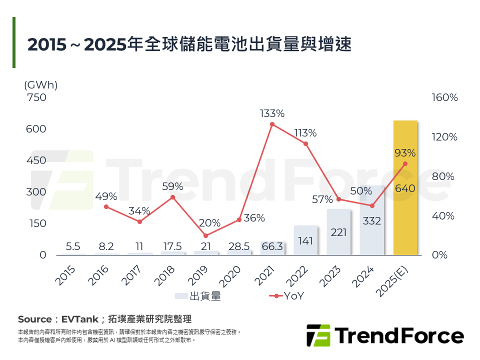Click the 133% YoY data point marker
[272, 124]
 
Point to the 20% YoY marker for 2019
[205, 235]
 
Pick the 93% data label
[405, 153]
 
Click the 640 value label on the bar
[405, 188]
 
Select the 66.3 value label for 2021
[272, 246]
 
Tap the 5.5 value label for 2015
[73, 246]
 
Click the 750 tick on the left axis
[36, 97]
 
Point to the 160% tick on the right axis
[444, 97]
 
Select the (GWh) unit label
[41, 85]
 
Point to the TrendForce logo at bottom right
[384, 335]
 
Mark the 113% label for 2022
[305, 133]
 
